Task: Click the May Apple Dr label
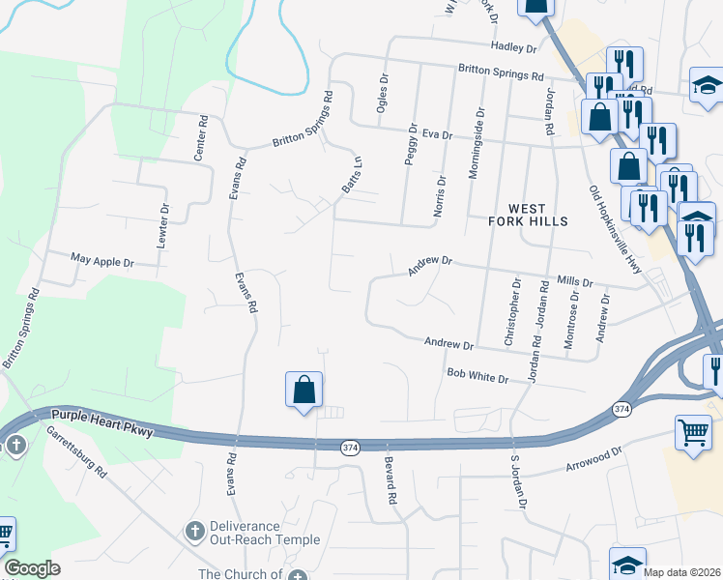click(101, 261)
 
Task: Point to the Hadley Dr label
click(513, 47)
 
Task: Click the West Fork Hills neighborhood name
click(535, 215)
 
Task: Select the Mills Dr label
click(575, 281)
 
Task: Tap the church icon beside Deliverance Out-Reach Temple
click(193, 531)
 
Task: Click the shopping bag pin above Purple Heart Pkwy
click(304, 391)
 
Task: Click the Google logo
click(32, 568)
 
